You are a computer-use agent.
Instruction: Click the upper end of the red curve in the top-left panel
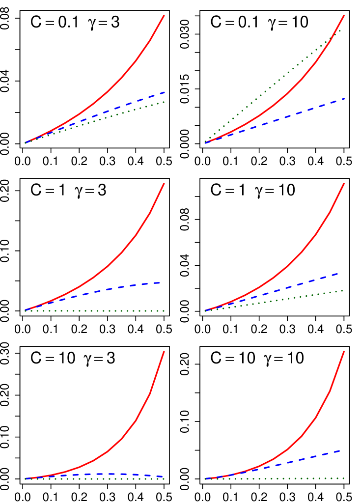click(x=164, y=15)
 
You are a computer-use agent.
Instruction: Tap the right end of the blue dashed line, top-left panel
click(x=164, y=92)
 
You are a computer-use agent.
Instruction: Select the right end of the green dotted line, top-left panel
click(x=164, y=102)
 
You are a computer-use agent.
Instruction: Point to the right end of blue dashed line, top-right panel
click(x=344, y=99)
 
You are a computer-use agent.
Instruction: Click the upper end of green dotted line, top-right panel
click(x=341, y=30)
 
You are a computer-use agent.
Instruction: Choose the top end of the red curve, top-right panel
click(x=344, y=15)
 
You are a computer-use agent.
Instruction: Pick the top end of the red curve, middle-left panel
click(x=164, y=183)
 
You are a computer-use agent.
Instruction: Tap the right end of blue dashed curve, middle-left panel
click(x=161, y=282)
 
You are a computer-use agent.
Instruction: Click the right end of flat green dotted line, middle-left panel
click(x=164, y=311)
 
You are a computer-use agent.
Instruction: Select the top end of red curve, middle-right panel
click(x=344, y=183)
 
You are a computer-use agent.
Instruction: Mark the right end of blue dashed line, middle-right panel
click(x=338, y=273)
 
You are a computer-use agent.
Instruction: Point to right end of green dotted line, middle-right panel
click(x=343, y=290)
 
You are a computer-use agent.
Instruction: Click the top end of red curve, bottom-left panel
click(x=164, y=351)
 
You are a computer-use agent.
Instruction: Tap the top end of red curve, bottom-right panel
click(x=344, y=351)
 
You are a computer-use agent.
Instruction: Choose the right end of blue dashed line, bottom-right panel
click(x=339, y=450)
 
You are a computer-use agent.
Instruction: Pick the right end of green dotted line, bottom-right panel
click(x=343, y=478)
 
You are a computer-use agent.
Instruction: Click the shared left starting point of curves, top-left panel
click(x=25, y=142)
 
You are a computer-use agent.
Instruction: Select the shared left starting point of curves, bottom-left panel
click(x=25, y=478)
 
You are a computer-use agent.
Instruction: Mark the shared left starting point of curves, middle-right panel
click(x=205, y=310)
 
